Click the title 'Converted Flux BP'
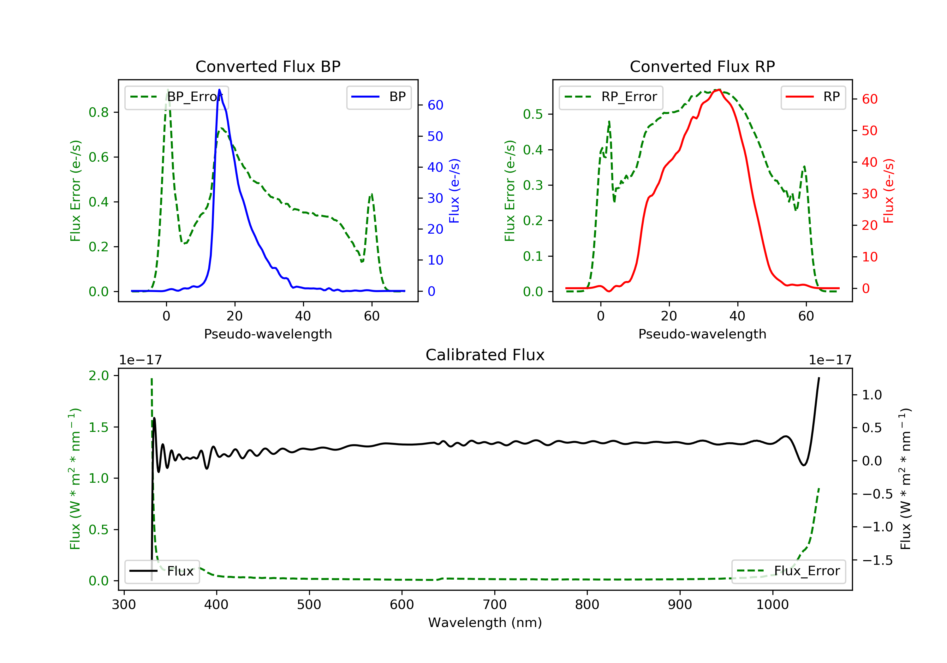tap(268, 66)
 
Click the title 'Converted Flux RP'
tap(702, 66)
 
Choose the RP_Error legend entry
tap(611, 97)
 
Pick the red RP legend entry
tap(813, 97)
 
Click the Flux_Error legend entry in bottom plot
tap(788, 571)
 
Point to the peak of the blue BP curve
tap(219, 90)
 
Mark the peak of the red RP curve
tap(719, 90)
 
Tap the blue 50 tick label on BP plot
tap(435, 136)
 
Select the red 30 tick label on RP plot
tap(869, 194)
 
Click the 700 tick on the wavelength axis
tap(495, 605)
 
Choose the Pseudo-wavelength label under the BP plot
tap(268, 334)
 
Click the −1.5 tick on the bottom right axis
tap(877, 560)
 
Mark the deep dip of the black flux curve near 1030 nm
tap(803, 465)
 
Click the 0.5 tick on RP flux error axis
tap(533, 114)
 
